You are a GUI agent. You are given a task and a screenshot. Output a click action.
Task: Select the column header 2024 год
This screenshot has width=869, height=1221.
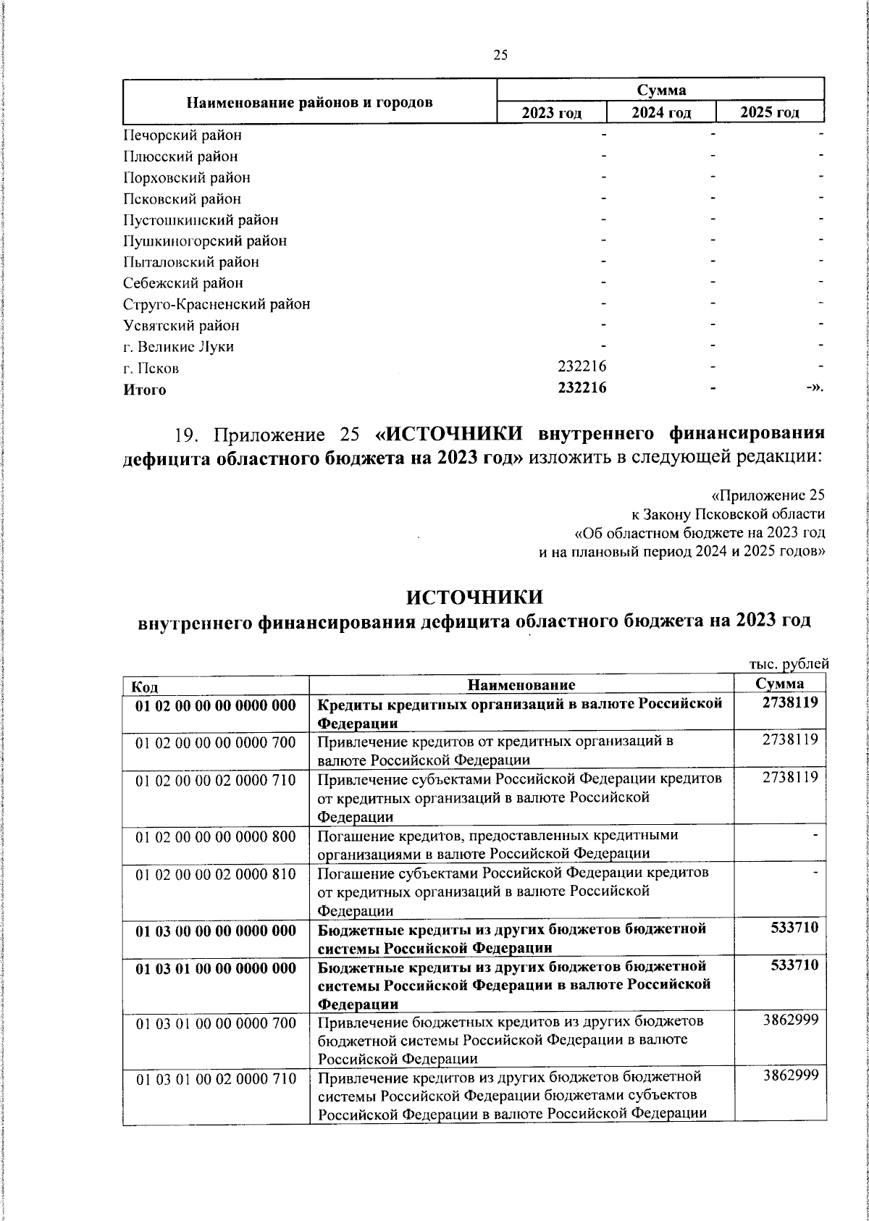660,112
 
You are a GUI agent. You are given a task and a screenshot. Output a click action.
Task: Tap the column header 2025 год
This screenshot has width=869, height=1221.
770,112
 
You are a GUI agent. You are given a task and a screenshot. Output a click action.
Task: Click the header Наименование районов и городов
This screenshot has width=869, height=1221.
310,102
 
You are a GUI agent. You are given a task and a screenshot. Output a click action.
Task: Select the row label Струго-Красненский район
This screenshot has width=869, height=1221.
216,304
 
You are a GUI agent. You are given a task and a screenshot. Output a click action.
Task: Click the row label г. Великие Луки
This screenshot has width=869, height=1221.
178,347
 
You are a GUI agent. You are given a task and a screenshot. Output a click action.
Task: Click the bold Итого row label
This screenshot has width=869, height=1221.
144,390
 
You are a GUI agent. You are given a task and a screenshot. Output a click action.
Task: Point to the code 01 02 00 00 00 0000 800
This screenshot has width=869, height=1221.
216,836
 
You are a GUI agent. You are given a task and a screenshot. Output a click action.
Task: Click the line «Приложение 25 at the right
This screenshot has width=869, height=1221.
768,495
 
